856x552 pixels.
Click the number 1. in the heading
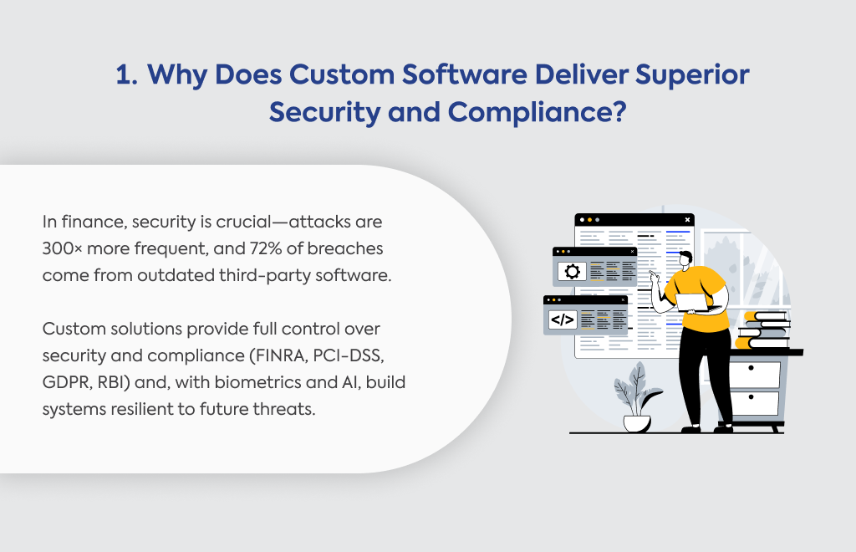(x=127, y=74)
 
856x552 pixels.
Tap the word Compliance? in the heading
(x=538, y=112)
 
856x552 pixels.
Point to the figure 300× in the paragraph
(x=62, y=248)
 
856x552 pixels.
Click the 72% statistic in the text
(x=266, y=248)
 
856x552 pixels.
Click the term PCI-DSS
(x=349, y=355)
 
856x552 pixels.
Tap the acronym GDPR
(x=67, y=382)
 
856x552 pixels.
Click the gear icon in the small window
(x=572, y=271)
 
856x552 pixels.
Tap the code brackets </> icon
(x=563, y=319)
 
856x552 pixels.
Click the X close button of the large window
(x=687, y=219)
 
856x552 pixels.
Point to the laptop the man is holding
(x=691, y=303)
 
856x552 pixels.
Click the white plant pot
(x=637, y=423)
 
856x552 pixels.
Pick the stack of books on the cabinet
(x=762, y=330)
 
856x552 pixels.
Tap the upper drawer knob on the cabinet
(x=752, y=368)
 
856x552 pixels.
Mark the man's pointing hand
(x=655, y=277)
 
